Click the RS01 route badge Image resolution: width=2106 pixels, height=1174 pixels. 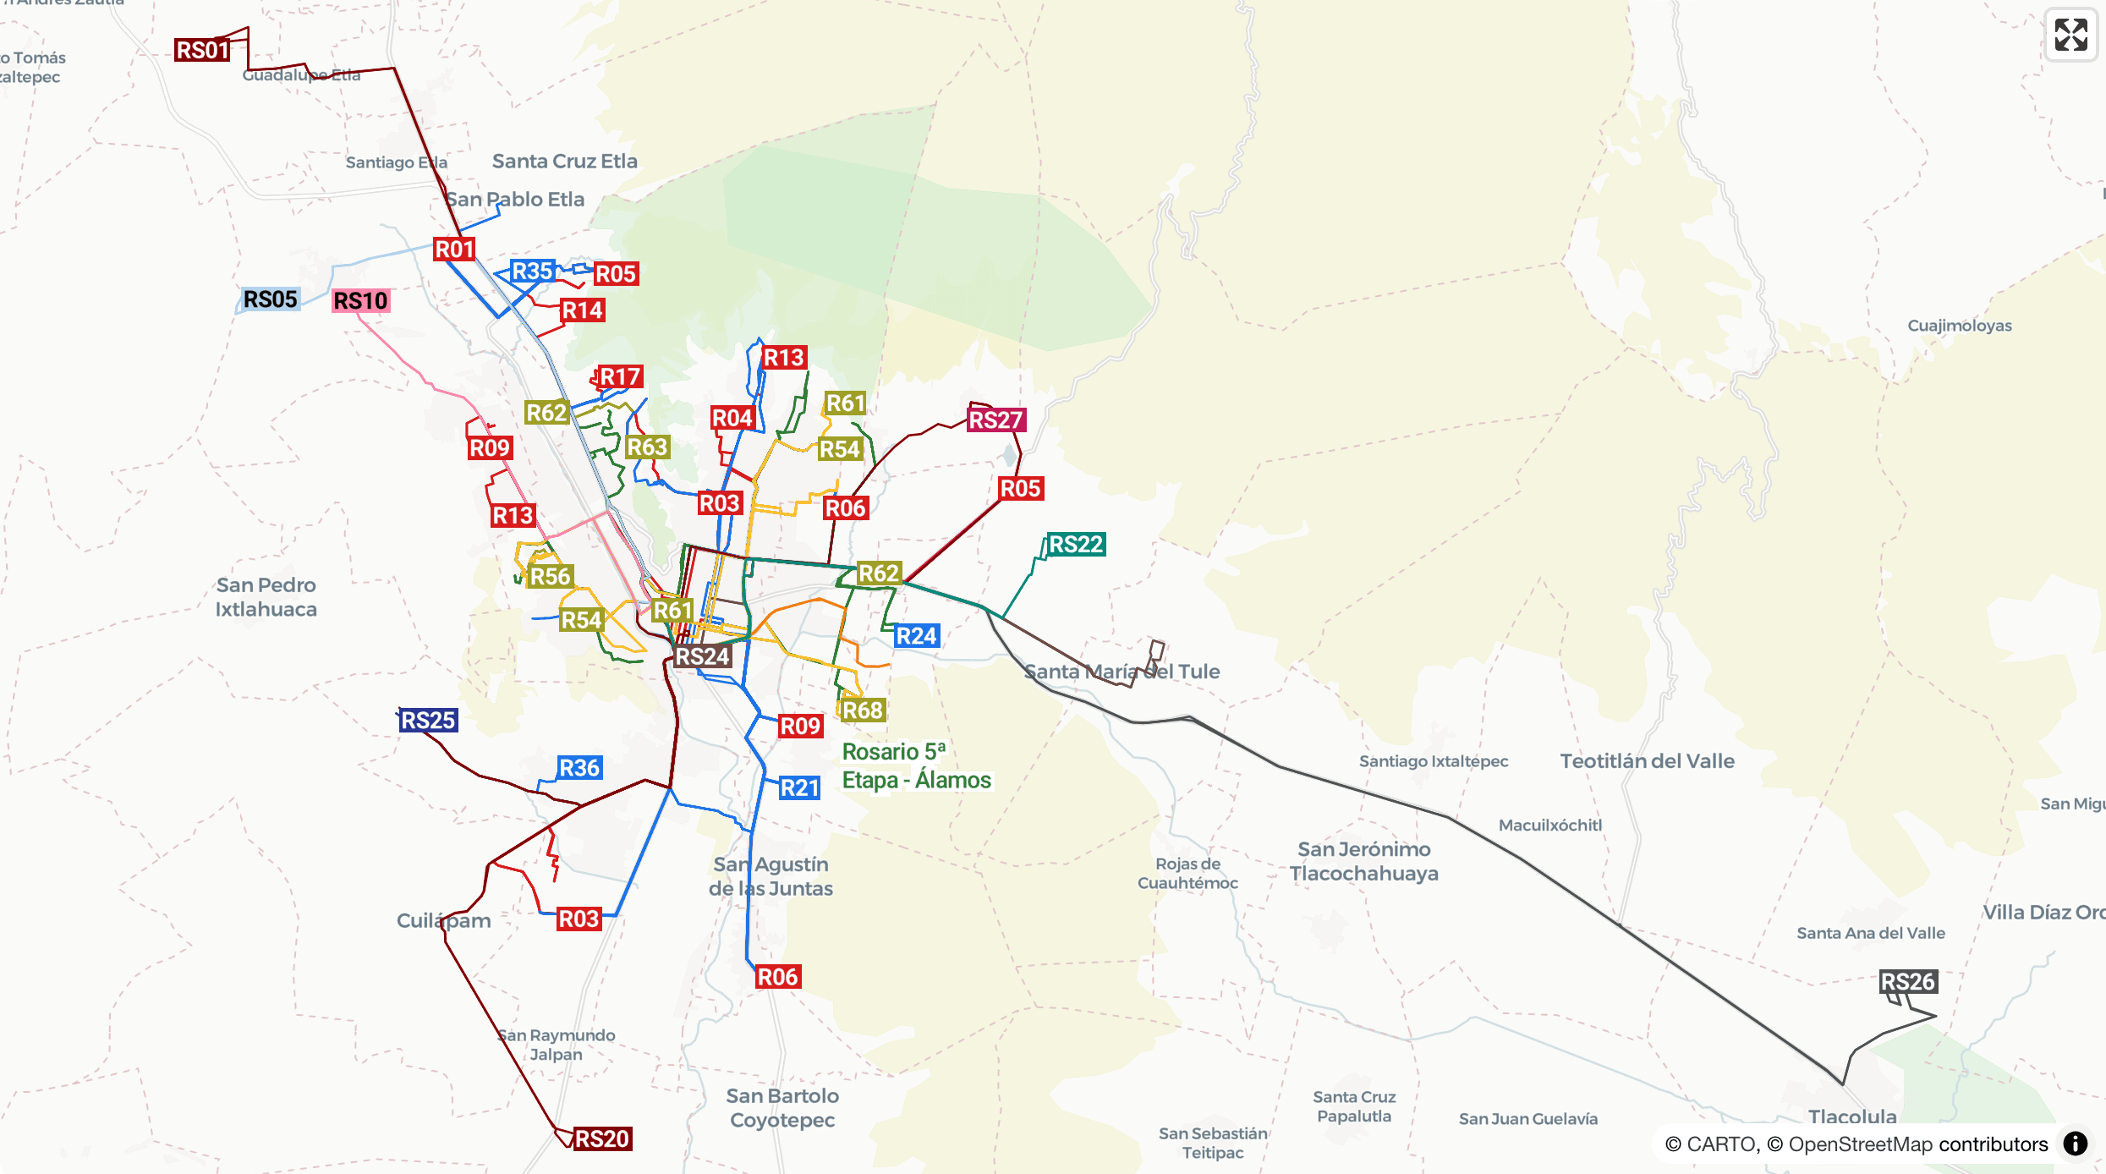tap(202, 50)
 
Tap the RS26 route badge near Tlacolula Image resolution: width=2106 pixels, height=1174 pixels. tap(1907, 982)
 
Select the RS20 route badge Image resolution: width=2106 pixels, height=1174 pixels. tap(601, 1138)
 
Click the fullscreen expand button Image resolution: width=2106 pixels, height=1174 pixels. tap(2070, 36)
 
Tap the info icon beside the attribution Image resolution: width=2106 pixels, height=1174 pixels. tap(2076, 1144)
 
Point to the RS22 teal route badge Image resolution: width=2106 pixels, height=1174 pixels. tap(1076, 545)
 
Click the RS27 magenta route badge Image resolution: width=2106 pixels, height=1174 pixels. tap(995, 420)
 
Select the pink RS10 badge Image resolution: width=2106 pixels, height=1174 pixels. tap(360, 301)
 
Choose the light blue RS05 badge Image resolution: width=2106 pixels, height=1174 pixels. tap(270, 299)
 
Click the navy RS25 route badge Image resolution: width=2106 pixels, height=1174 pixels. tap(428, 721)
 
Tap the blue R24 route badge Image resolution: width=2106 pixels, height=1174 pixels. tap(917, 636)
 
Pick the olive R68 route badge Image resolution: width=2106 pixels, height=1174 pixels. tap(863, 710)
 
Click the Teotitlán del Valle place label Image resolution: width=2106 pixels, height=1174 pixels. tap(1647, 761)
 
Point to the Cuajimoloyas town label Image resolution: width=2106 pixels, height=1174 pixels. tap(1959, 326)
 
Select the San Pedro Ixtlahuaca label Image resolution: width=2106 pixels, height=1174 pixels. tap(266, 597)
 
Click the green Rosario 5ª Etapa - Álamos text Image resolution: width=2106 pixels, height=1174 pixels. tap(915, 765)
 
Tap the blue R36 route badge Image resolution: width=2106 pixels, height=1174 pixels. tap(579, 768)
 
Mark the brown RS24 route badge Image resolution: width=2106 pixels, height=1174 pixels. tap(702, 656)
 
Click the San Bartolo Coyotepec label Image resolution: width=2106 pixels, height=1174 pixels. tap(782, 1108)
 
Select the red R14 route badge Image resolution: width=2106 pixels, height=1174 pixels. tap(583, 310)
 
